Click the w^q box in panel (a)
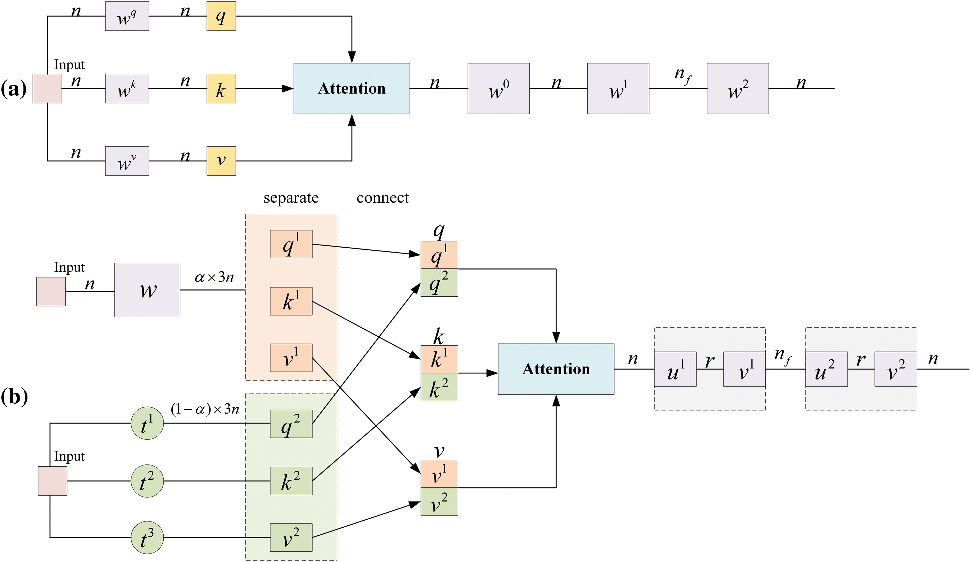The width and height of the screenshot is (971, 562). [x=127, y=16]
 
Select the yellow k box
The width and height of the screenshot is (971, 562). [x=221, y=89]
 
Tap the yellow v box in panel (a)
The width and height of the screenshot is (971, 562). [x=221, y=161]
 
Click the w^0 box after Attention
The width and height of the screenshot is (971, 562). [x=499, y=89]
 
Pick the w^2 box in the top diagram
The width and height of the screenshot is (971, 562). [x=738, y=89]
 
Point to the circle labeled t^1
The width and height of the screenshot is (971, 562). [x=147, y=423]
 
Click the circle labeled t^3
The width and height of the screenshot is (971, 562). [x=147, y=537]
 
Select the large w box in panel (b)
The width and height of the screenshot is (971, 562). [x=147, y=290]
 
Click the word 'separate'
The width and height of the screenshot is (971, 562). [x=291, y=198]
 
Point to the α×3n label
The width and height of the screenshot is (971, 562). [x=214, y=277]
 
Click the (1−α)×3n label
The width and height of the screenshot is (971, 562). [x=205, y=409]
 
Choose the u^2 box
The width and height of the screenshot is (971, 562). [x=826, y=369]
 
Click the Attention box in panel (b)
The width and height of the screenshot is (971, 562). [x=556, y=369]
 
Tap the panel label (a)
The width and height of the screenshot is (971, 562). [x=14, y=89]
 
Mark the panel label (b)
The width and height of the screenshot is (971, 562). [x=14, y=396]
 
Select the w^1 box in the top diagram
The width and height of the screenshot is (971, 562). [x=618, y=89]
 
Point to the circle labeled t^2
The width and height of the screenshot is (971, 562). [x=147, y=481]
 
